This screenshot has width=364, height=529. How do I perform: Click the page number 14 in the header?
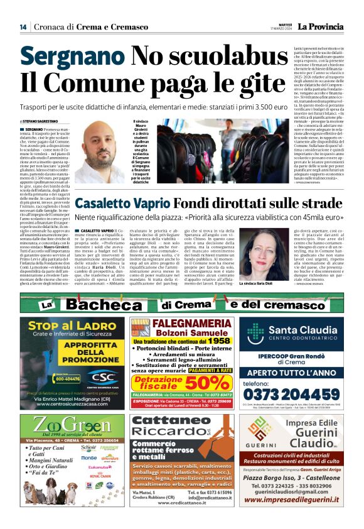pyautogui.click(x=23, y=26)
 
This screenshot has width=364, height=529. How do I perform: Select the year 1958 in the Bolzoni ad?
pyautogui.click(x=216, y=340)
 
